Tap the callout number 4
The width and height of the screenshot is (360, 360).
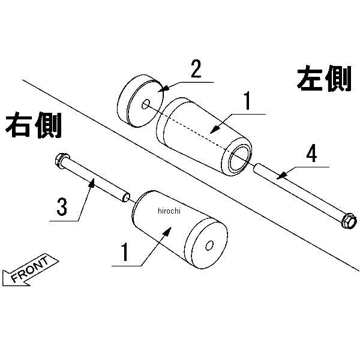point(311,153)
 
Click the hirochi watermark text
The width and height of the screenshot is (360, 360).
point(173,210)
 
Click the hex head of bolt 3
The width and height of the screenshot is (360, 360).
point(61,160)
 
